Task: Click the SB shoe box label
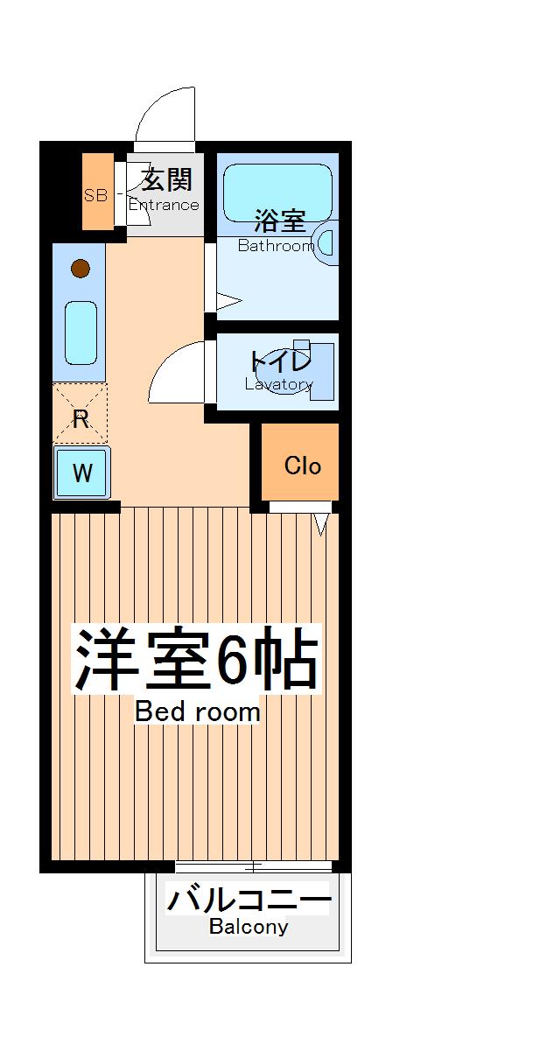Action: click(x=95, y=195)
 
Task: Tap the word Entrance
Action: click(x=164, y=206)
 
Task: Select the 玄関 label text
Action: click(x=166, y=181)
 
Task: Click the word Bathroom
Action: click(x=276, y=246)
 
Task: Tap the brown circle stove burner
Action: click(x=80, y=268)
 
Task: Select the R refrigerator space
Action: click(x=81, y=419)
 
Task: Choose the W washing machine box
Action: click(x=81, y=473)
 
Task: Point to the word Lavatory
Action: click(x=278, y=384)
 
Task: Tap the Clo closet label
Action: click(x=303, y=466)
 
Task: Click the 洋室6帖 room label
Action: click(x=194, y=658)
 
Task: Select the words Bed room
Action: click(x=198, y=712)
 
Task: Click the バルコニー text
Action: click(x=249, y=900)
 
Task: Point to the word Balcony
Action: click(x=249, y=928)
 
